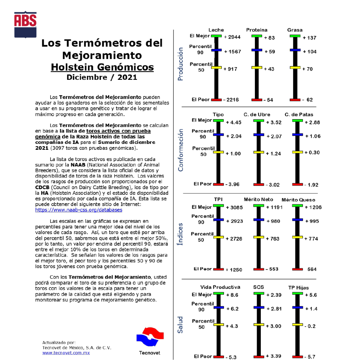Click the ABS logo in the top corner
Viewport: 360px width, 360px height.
click(x=25, y=24)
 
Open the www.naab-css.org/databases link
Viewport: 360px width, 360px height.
click(x=79, y=210)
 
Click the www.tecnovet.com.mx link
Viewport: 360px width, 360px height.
click(x=66, y=353)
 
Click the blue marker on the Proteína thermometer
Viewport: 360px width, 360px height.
click(x=257, y=51)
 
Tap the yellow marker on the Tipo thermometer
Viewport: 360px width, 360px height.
click(x=218, y=152)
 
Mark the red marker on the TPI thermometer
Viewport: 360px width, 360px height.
click(x=218, y=269)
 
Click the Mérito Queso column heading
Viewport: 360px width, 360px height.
click(x=298, y=200)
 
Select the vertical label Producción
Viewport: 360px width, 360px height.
click(x=181, y=64)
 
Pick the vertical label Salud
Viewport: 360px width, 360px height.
click(x=180, y=324)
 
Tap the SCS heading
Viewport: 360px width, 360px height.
click(x=258, y=287)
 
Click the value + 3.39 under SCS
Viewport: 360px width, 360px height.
click(x=274, y=356)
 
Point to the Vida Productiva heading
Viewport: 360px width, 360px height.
click(x=220, y=287)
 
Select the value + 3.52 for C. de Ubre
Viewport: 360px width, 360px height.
click(x=274, y=122)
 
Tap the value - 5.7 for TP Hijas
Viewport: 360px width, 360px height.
click(x=309, y=357)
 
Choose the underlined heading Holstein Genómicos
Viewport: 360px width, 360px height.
click(x=102, y=67)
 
